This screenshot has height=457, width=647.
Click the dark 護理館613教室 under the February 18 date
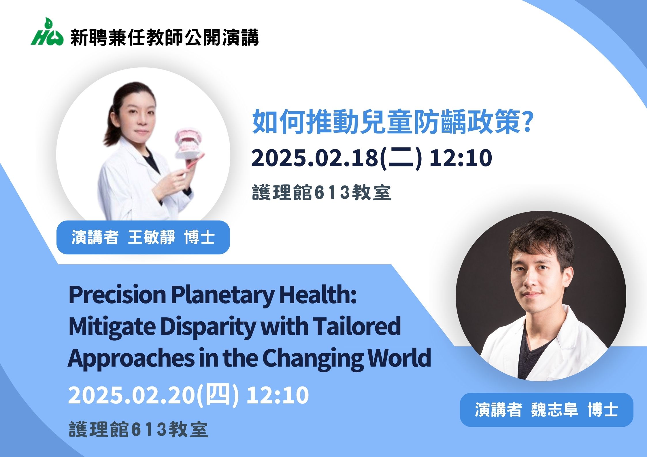322,193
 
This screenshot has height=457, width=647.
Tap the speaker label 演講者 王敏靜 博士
143,237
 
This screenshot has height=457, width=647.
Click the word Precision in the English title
117,295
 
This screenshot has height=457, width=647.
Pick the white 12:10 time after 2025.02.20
278,395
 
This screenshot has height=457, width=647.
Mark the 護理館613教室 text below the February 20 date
138,430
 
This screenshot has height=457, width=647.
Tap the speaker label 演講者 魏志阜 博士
546,410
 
